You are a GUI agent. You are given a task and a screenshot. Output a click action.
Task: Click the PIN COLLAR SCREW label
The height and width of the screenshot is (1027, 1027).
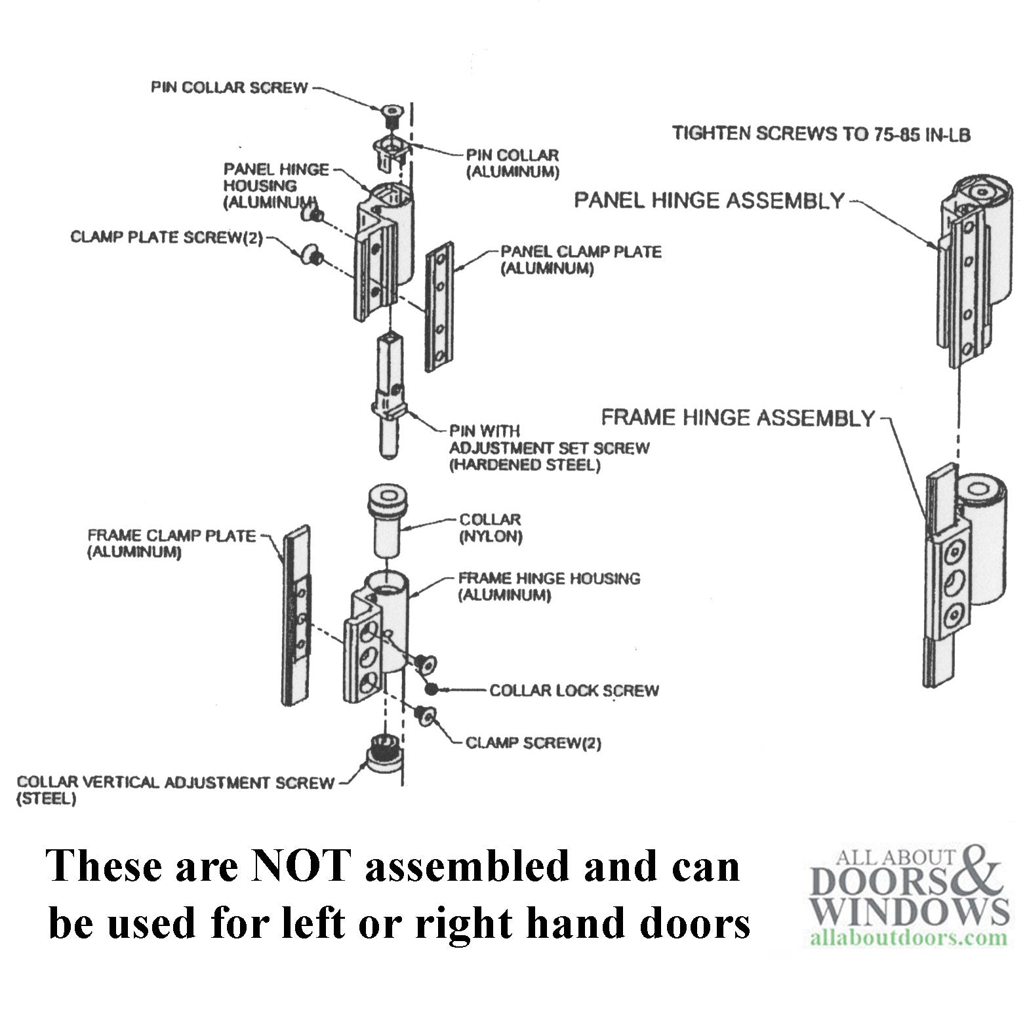tap(229, 88)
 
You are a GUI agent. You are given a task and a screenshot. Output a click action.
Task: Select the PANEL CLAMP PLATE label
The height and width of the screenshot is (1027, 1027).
tap(581, 260)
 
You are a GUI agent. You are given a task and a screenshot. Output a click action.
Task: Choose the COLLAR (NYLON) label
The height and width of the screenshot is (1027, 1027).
tap(491, 528)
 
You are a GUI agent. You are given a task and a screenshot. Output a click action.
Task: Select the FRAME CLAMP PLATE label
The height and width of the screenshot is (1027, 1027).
tap(172, 544)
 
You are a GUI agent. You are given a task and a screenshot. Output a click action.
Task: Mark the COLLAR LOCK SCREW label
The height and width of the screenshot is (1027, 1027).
tap(574, 691)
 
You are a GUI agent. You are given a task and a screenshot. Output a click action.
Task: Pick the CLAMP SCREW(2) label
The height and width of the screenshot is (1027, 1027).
tap(533, 743)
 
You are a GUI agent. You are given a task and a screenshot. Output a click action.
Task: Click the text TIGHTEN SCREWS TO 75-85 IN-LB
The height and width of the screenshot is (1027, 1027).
tap(821, 134)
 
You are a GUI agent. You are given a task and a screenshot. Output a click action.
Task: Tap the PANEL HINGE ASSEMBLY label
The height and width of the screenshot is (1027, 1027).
tap(709, 200)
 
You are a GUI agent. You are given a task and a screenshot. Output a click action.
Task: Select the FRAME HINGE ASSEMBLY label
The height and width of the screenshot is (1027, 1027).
tap(738, 418)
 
